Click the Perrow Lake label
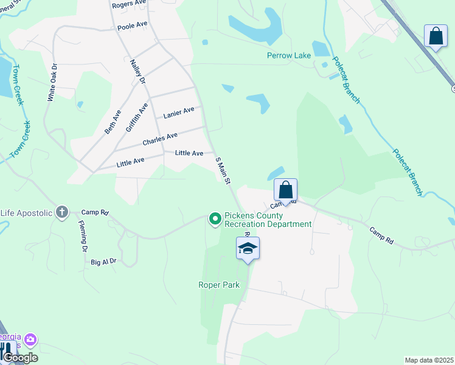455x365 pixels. point(289,55)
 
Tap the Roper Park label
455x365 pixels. point(219,285)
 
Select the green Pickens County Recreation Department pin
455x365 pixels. point(215,218)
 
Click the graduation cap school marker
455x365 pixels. point(248,248)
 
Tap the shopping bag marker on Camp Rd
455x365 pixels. point(285,190)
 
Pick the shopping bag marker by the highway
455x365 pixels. point(436,36)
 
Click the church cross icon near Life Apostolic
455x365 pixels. point(61,212)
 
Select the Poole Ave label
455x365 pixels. point(133,26)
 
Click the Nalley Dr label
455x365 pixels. point(138,72)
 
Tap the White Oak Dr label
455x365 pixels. point(52,82)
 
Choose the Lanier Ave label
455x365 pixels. point(179,112)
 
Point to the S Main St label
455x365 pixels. point(223,170)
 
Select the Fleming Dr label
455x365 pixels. point(83,237)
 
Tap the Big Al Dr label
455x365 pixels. point(103,262)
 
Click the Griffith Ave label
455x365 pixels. point(137,117)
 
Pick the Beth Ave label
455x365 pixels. point(113,121)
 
